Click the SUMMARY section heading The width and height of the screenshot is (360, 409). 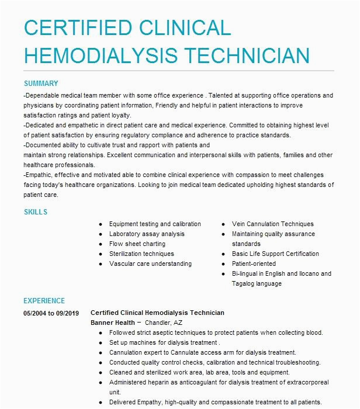pos(40,84)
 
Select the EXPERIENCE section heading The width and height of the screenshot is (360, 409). pos(44,301)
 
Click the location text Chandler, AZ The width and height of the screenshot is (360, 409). pos(164,323)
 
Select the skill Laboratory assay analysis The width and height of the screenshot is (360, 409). pos(146,234)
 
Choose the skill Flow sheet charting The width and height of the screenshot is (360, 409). pos(137,244)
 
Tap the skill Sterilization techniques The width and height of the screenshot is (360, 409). pos(141,254)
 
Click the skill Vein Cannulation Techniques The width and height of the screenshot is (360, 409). pos(272,224)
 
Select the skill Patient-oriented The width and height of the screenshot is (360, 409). pos(254,264)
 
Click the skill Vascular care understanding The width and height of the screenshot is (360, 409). pos(150,264)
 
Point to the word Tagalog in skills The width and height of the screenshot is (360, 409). pos(244,283)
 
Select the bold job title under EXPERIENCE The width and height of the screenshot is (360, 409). pos(157,313)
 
